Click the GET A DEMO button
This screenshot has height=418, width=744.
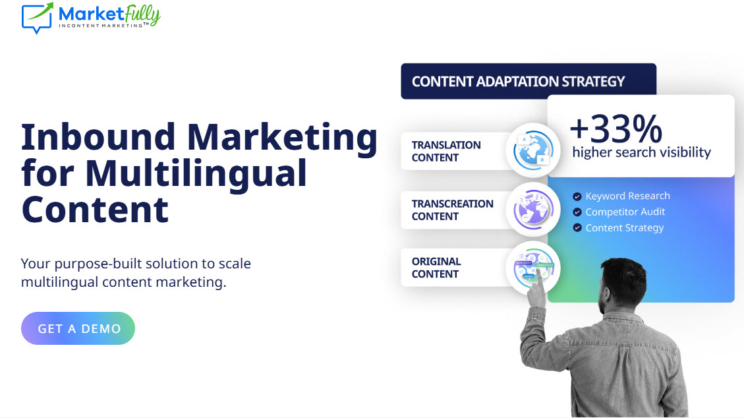(78, 328)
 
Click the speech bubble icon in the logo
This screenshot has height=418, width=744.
(36, 18)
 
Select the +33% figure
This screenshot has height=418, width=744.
(616, 129)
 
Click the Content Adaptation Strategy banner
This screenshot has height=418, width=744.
(529, 81)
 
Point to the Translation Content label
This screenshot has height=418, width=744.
(446, 152)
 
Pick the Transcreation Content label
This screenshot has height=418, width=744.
(452, 210)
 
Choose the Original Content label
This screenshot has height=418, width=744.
(436, 268)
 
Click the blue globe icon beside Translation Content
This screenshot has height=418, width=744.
(533, 150)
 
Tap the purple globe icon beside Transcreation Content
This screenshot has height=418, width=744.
(533, 209)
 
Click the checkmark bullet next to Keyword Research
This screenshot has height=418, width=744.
(577, 196)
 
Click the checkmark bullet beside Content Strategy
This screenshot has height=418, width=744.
(577, 227)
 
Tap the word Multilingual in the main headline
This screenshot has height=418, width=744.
(196, 173)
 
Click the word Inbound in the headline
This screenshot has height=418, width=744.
(98, 137)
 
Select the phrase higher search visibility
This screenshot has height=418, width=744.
(641, 152)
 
